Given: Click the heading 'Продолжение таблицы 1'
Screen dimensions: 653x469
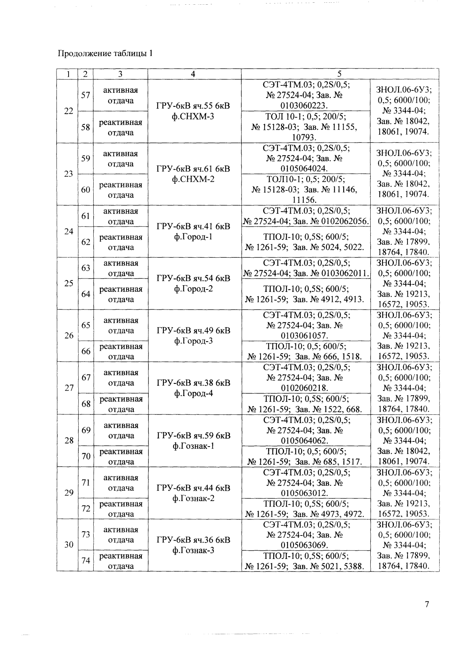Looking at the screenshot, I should click(105, 53).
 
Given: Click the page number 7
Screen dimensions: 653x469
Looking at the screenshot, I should click(427, 604).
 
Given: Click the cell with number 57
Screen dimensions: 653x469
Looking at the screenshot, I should click(86, 95).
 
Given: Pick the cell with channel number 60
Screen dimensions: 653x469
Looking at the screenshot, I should click(86, 190).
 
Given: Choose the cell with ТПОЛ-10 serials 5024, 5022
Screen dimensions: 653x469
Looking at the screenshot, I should click(305, 242).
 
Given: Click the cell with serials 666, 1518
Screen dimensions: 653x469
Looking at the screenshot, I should click(305, 351).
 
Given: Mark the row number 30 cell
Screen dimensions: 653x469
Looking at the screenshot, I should click(69, 544).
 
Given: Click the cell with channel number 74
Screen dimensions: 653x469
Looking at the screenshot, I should click(86, 561).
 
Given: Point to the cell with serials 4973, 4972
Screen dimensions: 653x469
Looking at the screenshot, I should click(305, 508).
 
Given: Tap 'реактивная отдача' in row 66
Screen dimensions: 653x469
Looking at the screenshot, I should click(121, 351).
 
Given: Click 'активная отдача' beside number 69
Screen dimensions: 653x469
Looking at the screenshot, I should click(121, 431).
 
